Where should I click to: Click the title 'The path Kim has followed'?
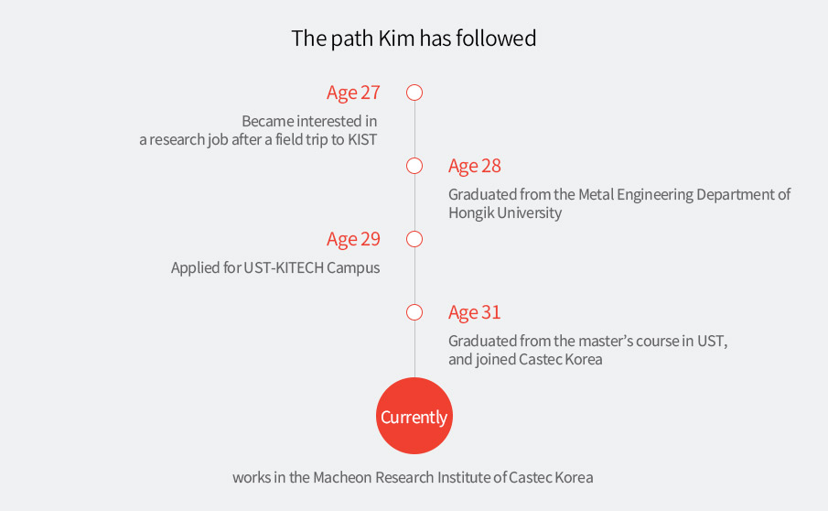click(414, 38)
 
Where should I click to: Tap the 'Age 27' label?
click(353, 93)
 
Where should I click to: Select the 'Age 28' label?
click(475, 167)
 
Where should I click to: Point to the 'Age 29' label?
click(353, 239)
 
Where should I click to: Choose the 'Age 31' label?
click(475, 313)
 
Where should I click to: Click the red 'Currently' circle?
click(414, 416)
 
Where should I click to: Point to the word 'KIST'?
click(362, 139)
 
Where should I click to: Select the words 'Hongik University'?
click(505, 213)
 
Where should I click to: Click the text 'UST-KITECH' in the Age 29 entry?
click(284, 268)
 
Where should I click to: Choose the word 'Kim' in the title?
click(396, 38)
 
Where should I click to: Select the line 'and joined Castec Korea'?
click(525, 360)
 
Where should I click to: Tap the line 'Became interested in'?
click(309, 122)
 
